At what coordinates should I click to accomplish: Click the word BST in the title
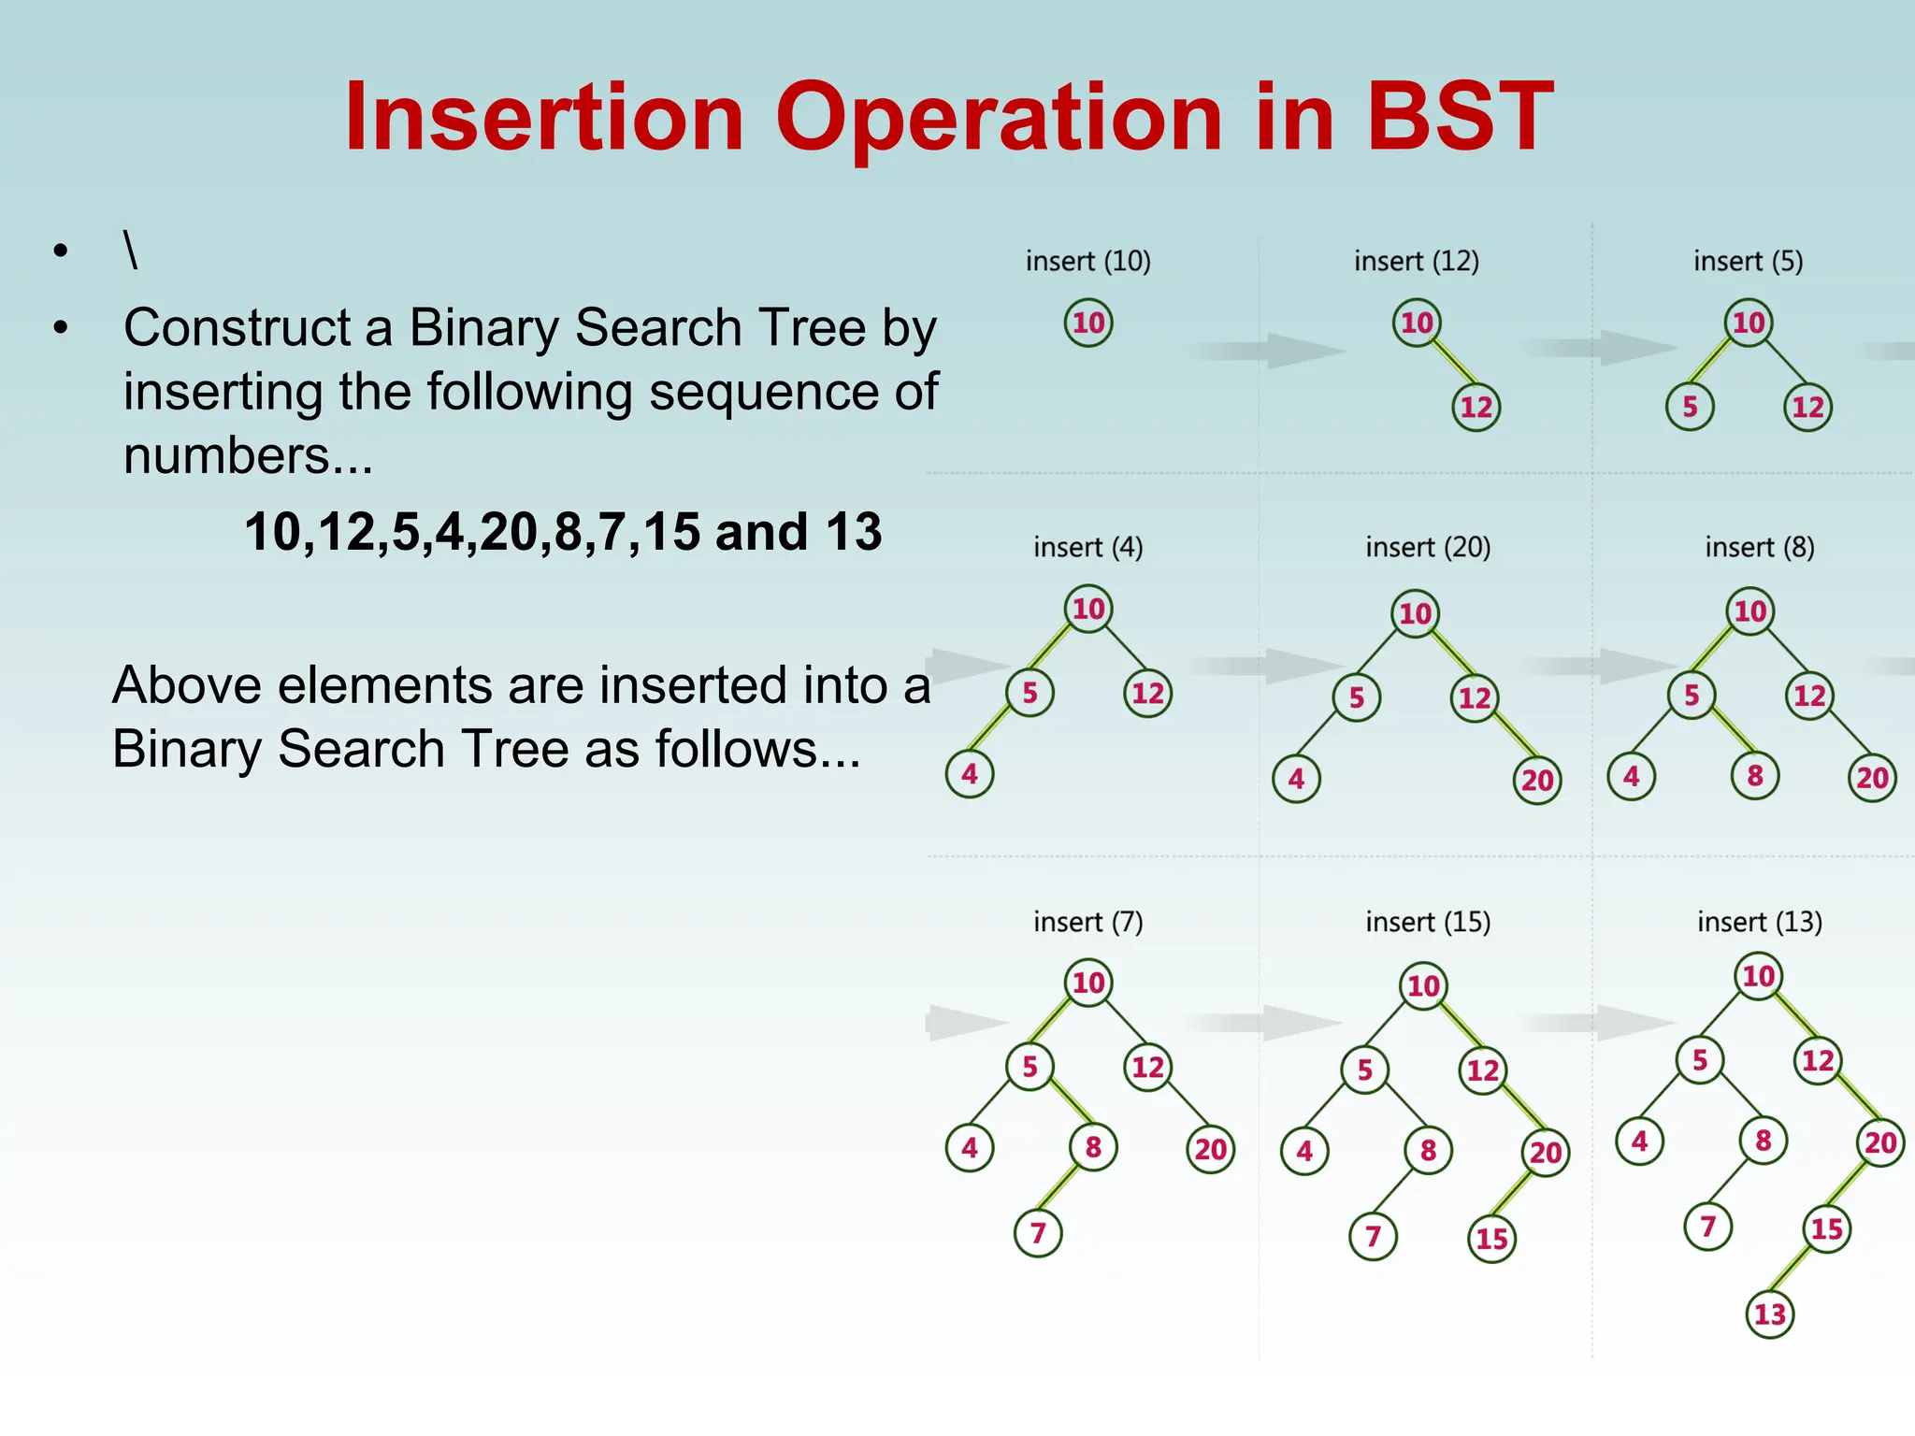point(1460,118)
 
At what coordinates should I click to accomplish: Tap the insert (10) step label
point(1087,261)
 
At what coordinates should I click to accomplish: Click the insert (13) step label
point(1759,922)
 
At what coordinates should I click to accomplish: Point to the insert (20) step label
point(1428,547)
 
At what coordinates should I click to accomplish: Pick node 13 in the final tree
point(1770,1314)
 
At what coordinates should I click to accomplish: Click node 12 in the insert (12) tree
point(1476,408)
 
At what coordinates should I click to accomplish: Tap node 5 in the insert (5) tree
point(1690,408)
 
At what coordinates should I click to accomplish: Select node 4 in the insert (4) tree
point(970,774)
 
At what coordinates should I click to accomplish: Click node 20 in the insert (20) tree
point(1537,780)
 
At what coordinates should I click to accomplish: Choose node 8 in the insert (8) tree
point(1755,776)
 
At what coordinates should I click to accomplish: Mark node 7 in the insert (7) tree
point(1038,1233)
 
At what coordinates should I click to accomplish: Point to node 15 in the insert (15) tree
point(1491,1239)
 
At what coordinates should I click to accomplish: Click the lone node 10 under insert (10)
point(1088,323)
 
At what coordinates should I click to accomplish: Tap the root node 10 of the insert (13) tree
point(1759,977)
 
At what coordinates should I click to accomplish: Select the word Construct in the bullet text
point(237,328)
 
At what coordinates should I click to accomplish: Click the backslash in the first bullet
point(131,250)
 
